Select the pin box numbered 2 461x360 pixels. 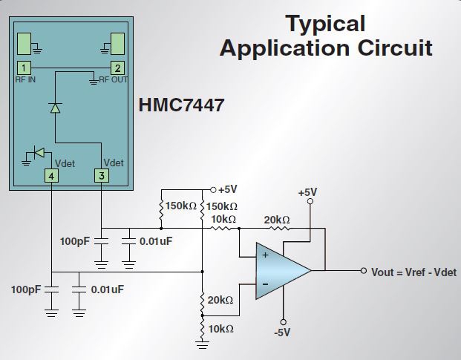click(x=117, y=68)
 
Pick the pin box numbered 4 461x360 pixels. click(x=50, y=176)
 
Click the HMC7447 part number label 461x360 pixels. click(x=181, y=106)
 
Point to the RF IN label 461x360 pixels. click(x=25, y=79)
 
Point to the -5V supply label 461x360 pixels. click(x=282, y=333)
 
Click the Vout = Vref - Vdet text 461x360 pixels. click(x=411, y=272)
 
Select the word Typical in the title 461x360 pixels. click(x=326, y=24)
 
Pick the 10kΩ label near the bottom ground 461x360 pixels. click(x=220, y=328)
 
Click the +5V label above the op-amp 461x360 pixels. click(x=307, y=192)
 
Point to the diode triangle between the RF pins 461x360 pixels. click(x=55, y=108)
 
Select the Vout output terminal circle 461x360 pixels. click(x=363, y=271)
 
